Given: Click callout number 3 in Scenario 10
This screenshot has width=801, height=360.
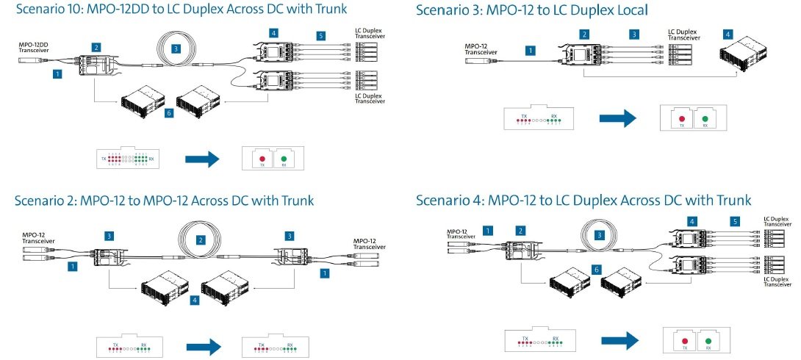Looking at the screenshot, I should click(x=176, y=49).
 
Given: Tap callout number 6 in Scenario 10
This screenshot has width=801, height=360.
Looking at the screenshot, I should click(x=169, y=114).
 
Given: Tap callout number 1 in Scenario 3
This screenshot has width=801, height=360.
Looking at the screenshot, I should click(x=531, y=51).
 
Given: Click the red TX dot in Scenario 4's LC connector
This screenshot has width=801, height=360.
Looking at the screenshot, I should click(x=684, y=341).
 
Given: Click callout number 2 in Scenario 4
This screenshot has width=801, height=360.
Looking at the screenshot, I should click(x=522, y=231).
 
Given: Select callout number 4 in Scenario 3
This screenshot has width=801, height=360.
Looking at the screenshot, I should click(x=727, y=35).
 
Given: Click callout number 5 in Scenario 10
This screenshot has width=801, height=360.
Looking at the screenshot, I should click(x=321, y=35).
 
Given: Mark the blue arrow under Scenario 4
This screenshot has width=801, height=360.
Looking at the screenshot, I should click(x=621, y=340).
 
